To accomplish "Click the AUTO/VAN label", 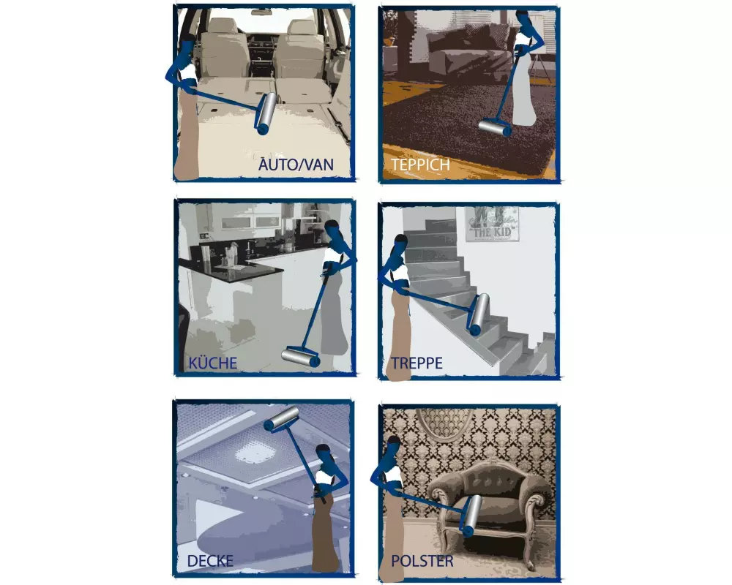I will [296, 165].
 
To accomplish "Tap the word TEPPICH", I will [420, 165].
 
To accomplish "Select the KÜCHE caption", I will [212, 363].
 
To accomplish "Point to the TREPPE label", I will [417, 363].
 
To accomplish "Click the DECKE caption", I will [210, 562].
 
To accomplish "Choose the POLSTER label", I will [422, 562].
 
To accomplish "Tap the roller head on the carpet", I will [496, 128].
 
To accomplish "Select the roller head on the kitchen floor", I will [300, 357].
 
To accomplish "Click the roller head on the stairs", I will [479, 313].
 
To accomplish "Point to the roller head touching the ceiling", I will [281, 418].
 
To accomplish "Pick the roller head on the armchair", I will [469, 512].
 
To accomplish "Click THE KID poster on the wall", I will [492, 224].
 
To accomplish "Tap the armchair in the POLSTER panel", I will [487, 505].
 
